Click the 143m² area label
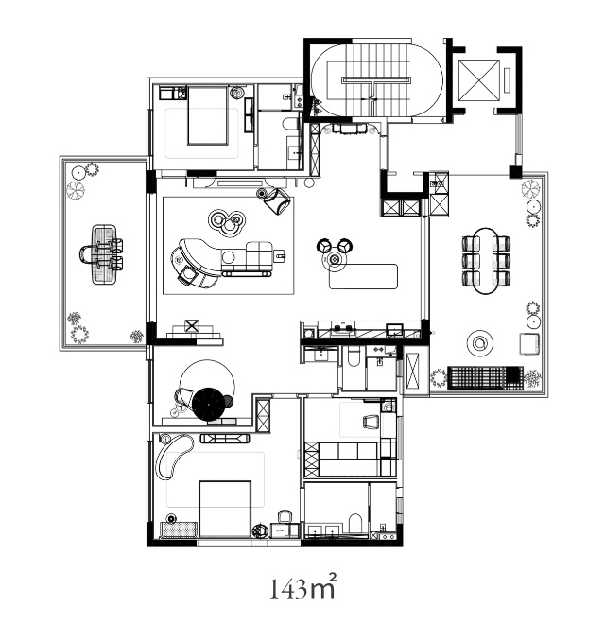point(302,587)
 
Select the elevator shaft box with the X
point(479,80)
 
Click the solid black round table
point(209,404)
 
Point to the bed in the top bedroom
point(208,115)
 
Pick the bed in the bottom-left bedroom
point(225,510)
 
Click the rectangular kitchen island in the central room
point(364,276)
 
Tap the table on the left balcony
point(104,254)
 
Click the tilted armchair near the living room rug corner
point(278,200)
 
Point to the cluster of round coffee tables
point(226,222)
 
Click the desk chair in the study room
point(372,422)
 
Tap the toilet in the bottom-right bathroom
point(355,523)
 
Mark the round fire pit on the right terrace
point(479,343)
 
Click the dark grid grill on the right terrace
point(486,377)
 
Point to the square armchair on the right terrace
point(529,343)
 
